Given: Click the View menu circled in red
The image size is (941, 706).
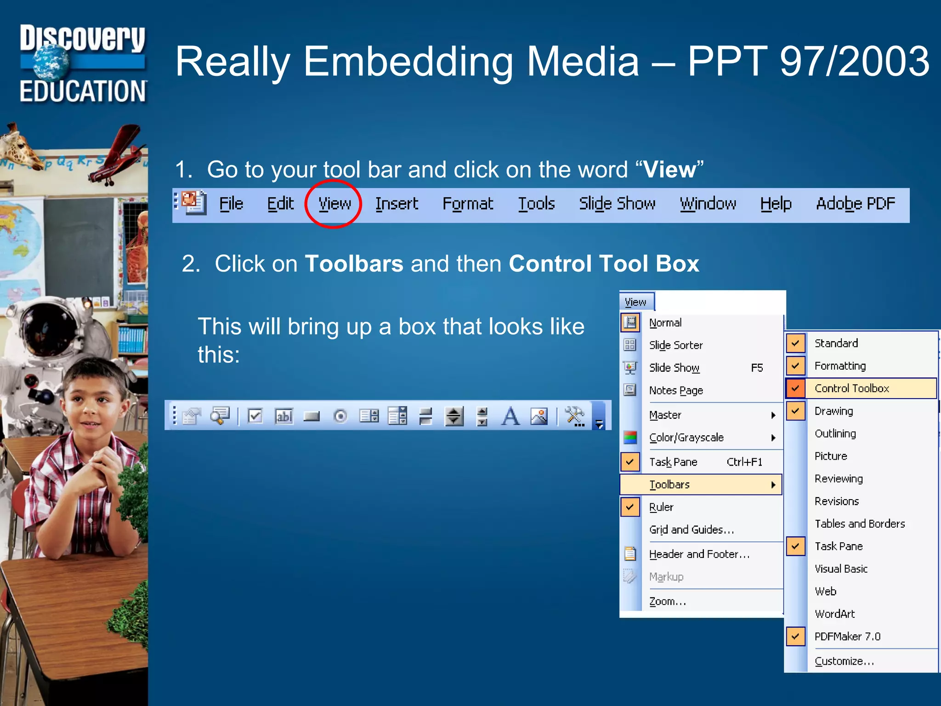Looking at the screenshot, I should [x=334, y=204].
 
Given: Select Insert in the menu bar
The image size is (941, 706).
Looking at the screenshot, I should [x=397, y=204].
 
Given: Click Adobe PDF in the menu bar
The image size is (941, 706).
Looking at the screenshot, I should [x=856, y=204].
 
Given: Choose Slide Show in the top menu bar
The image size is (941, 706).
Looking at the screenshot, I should [x=617, y=204].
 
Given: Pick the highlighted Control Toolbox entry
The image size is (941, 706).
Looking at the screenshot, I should [x=851, y=388].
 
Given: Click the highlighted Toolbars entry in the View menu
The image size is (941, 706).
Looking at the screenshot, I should [x=669, y=484].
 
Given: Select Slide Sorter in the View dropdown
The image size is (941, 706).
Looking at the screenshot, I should [x=676, y=345].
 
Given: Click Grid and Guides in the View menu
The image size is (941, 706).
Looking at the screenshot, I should [x=691, y=529].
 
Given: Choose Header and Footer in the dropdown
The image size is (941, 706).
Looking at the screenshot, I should [x=699, y=554].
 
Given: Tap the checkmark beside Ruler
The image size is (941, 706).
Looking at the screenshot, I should [x=630, y=507].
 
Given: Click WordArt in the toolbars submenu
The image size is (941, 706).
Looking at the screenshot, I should [x=834, y=614].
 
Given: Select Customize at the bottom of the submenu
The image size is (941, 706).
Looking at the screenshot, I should [x=844, y=661].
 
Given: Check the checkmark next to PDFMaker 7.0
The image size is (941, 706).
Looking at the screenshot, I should [x=795, y=637].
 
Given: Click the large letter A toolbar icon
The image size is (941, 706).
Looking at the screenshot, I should [x=510, y=416].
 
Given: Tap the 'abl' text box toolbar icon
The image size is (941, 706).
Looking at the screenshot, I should [x=284, y=416].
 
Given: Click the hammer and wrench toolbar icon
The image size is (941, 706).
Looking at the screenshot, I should [x=574, y=416].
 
